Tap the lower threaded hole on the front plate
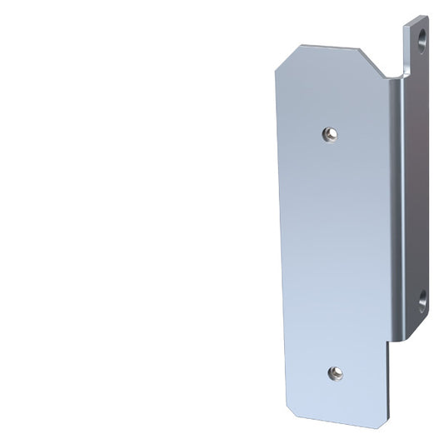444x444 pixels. [334, 372]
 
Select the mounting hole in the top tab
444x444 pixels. [422, 38]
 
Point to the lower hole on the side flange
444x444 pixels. [422, 297]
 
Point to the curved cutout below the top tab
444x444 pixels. [407, 67]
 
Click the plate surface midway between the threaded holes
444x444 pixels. [333, 250]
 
